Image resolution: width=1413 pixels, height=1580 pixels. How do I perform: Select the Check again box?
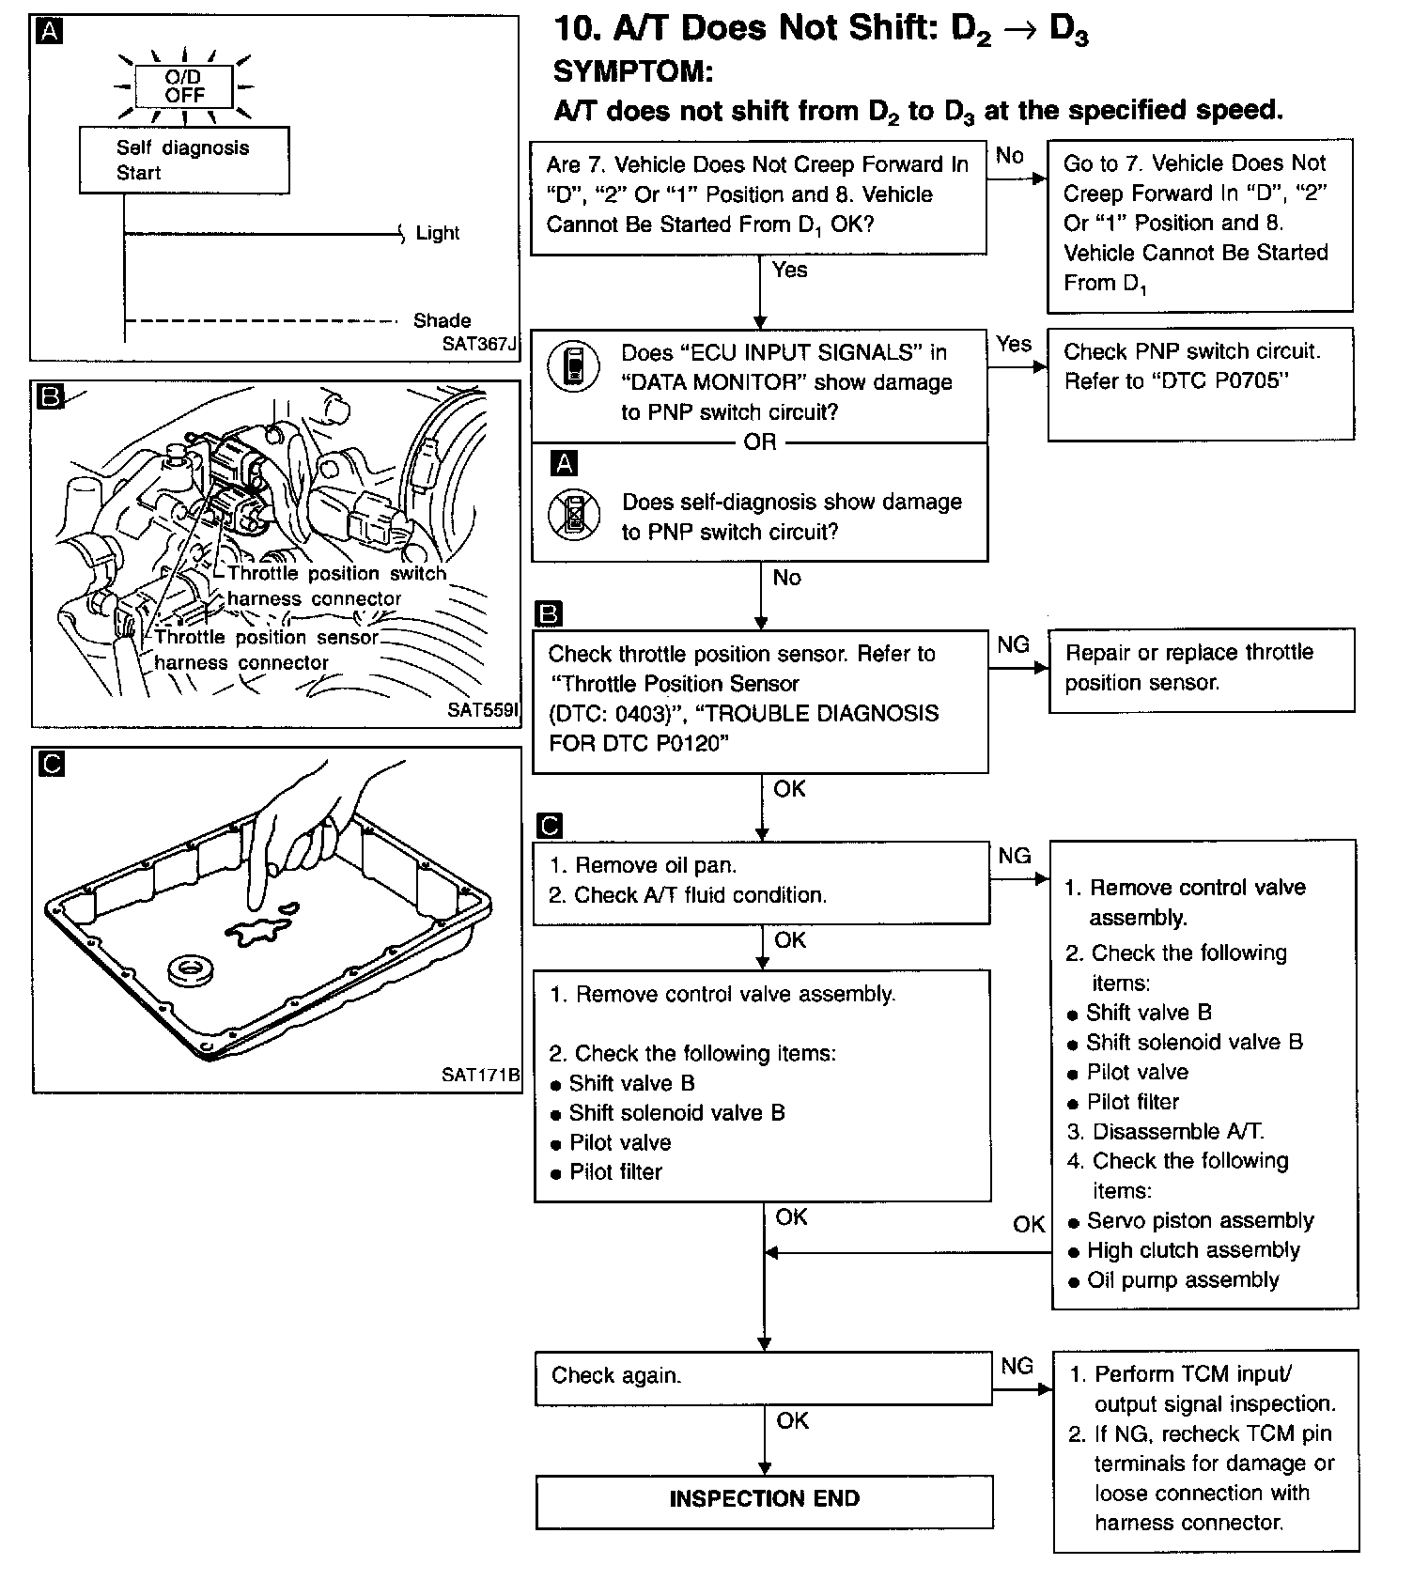pos(763,1377)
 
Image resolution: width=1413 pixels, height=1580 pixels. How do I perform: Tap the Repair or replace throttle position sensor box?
pos(1201,669)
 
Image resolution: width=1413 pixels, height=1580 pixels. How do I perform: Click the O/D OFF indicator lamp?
pos(184,86)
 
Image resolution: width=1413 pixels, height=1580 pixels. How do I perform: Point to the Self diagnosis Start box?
pos(183,161)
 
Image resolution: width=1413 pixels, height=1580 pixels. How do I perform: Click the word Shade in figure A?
pos(442,320)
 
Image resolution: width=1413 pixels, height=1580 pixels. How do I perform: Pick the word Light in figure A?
pos(438,233)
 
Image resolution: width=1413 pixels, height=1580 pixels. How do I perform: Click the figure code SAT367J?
pos(479,344)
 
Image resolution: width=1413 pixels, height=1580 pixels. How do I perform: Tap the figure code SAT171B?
pos(480,1075)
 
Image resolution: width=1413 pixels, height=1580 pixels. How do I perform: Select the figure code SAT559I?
pos(482,710)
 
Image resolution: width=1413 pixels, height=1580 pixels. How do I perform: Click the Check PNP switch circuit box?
pos(1200,383)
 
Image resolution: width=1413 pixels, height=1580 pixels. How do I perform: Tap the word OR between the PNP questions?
pos(760,441)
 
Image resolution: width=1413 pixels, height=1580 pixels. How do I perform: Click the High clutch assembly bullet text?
pos(1193,1250)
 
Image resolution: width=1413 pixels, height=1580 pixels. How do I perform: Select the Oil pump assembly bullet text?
pos(1183,1280)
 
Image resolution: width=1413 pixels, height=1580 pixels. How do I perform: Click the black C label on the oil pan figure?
pos(52,765)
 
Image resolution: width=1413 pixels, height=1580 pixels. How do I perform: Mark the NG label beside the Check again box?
pos(1017,1366)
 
